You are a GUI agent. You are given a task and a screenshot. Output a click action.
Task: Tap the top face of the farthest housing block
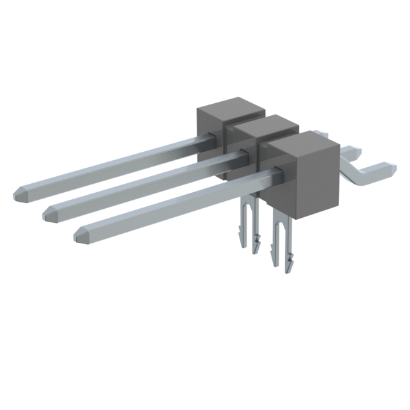click(229, 108)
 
